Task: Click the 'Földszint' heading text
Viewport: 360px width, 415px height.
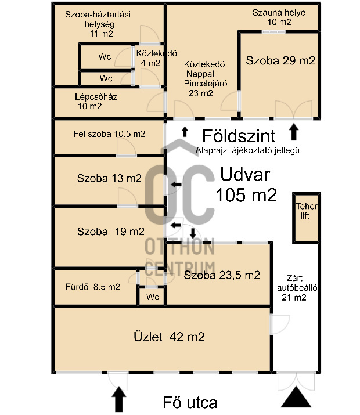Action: (x=239, y=136)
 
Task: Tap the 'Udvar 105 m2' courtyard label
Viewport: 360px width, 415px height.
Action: (x=246, y=185)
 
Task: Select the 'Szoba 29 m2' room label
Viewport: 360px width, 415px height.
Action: (x=280, y=60)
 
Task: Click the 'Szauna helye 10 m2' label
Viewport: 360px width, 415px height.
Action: (x=279, y=17)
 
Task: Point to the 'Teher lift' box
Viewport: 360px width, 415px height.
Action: (x=306, y=218)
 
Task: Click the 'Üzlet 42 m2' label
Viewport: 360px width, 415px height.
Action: (x=169, y=337)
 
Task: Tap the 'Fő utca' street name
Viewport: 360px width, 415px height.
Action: (x=190, y=403)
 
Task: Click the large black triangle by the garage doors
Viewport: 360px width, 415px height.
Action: (x=296, y=397)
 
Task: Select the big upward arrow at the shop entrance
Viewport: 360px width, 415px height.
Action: (x=119, y=399)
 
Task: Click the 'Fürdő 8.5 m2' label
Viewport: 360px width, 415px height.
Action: (x=93, y=287)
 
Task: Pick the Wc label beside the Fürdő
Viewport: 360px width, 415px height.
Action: (x=153, y=297)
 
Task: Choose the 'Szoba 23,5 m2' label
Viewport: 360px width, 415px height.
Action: (x=222, y=275)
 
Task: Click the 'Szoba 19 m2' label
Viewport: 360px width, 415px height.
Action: (x=111, y=232)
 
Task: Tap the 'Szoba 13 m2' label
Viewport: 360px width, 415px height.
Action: (x=109, y=178)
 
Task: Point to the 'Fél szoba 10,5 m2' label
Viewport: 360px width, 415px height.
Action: (x=109, y=134)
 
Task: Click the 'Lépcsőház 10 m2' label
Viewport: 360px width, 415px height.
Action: (x=96, y=102)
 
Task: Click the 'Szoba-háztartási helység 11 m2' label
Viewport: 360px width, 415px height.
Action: (x=98, y=24)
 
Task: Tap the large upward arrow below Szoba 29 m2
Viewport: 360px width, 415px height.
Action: (x=294, y=132)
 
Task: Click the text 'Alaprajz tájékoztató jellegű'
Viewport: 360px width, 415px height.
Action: (x=247, y=150)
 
